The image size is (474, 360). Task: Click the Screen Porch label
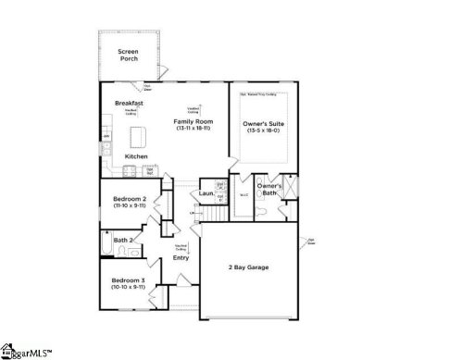pyautogui.click(x=129, y=55)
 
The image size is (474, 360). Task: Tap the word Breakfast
pyautogui.click(x=129, y=103)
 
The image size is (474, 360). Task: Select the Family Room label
pyautogui.click(x=193, y=121)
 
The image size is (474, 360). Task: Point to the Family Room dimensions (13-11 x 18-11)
pyautogui.click(x=193, y=129)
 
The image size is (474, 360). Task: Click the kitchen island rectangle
pyautogui.click(x=139, y=137)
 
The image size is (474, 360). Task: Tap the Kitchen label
pyautogui.click(x=136, y=156)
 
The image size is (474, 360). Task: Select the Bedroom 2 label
pyautogui.click(x=131, y=198)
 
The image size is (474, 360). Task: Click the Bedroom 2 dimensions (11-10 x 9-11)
pyautogui.click(x=131, y=205)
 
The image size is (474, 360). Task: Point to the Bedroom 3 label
pyautogui.click(x=129, y=279)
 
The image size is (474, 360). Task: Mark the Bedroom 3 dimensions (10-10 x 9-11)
pyautogui.click(x=129, y=287)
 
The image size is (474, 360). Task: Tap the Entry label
pyautogui.click(x=181, y=257)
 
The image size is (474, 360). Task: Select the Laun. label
pyautogui.click(x=206, y=193)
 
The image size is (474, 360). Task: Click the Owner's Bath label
pyautogui.click(x=270, y=189)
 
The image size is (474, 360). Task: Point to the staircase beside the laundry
pyautogui.click(x=212, y=214)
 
